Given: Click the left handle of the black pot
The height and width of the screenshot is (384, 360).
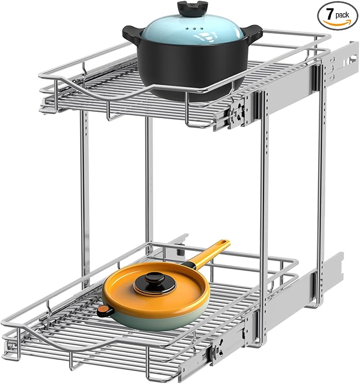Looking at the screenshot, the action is (x=133, y=34).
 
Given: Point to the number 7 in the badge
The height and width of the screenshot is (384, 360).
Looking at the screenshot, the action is (x=330, y=14).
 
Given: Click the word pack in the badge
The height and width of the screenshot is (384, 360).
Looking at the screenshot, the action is (x=342, y=16).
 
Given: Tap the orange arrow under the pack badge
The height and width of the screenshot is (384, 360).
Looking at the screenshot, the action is (x=337, y=23).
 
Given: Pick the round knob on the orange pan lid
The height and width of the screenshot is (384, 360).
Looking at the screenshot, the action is (x=155, y=283).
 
